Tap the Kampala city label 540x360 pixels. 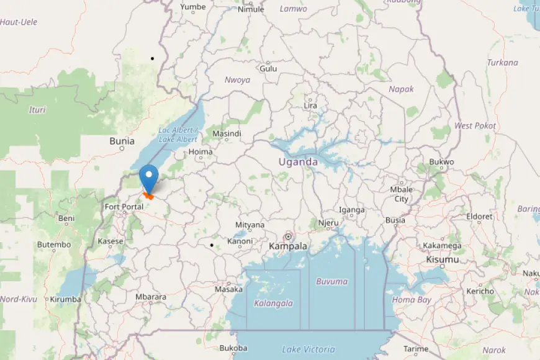point(288,246)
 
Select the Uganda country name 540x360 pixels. point(298,162)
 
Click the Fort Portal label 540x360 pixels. point(124,207)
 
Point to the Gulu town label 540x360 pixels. point(268,69)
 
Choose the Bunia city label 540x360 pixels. point(122,141)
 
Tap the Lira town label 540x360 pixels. point(310,106)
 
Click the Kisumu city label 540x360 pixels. point(443,259)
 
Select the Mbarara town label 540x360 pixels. point(151,297)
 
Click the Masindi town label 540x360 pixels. point(227,133)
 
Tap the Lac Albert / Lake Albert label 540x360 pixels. point(178,135)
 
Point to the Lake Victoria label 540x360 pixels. point(308,349)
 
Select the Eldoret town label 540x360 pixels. point(479,217)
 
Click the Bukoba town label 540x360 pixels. point(233,348)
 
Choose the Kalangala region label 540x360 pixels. point(273,303)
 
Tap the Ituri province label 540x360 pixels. point(37,110)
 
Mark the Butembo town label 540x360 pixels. point(54,245)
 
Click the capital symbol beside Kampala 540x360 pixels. point(288,236)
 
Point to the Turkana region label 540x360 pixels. point(503,62)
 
